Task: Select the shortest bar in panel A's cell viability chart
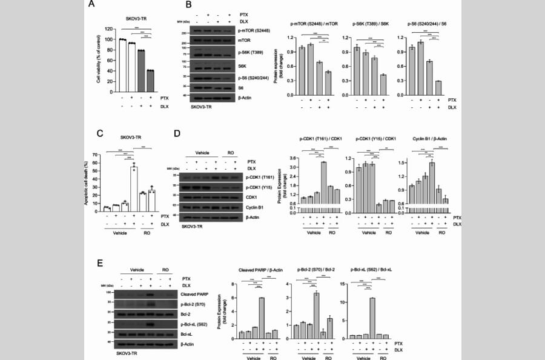coord(150,81)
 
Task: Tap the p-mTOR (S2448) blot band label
coord(255,30)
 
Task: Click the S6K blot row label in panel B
coord(243,65)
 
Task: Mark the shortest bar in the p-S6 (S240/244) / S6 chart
coord(437,88)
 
